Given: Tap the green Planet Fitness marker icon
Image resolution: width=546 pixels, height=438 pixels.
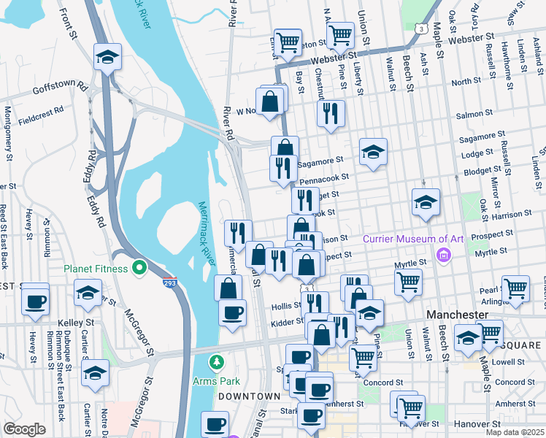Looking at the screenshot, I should coord(139,268).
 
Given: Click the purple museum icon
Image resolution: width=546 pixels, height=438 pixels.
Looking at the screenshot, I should coord(442,254).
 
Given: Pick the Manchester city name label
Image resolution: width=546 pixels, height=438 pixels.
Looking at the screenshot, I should coord(456,314).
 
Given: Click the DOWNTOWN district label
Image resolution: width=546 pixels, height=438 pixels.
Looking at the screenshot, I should coord(249,396).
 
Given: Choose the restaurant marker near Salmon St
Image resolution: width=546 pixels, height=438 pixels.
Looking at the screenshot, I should coord(331,113).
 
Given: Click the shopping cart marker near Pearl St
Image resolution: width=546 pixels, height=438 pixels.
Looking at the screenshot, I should coord(516,288).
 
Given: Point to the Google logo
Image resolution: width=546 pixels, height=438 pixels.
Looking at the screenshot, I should coord(24,429).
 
